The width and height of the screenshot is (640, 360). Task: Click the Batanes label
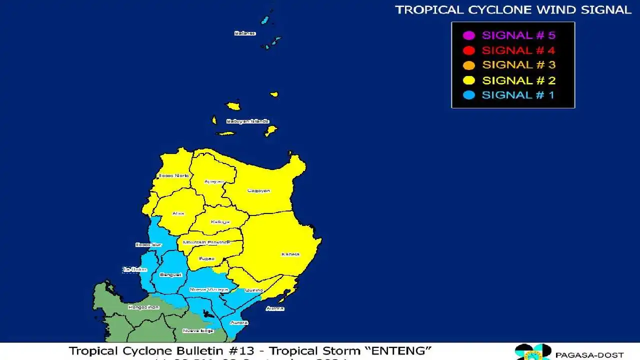(x=245, y=33)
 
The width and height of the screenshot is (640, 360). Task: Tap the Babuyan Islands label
(x=247, y=121)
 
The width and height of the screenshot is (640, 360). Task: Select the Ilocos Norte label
(x=173, y=175)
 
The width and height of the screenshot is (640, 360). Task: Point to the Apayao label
(x=213, y=181)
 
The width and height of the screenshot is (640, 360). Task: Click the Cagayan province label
(x=258, y=190)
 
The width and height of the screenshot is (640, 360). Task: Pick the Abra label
(x=178, y=213)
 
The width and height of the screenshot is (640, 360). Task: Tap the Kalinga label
(x=220, y=221)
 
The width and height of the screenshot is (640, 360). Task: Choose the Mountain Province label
(x=206, y=242)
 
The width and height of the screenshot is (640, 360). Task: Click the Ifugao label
(x=206, y=258)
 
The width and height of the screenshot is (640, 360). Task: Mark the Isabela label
(x=290, y=254)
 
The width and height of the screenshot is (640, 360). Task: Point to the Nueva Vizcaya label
(x=208, y=289)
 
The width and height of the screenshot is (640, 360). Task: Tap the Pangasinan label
(x=143, y=307)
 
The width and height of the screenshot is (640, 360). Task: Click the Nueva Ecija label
(x=197, y=330)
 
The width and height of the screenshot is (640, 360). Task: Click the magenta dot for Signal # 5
(x=468, y=35)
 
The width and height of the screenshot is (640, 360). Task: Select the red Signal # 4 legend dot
(x=468, y=50)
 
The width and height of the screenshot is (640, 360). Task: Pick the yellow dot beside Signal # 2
(x=468, y=80)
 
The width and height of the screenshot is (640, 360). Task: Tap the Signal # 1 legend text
(x=518, y=95)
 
